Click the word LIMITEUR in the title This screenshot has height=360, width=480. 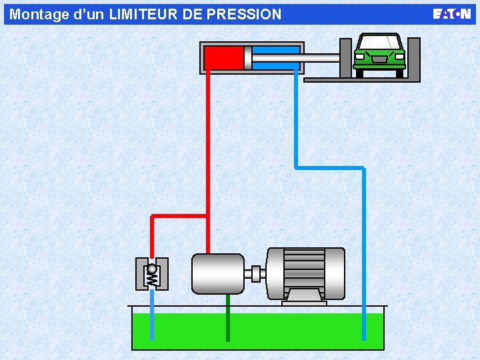pos(143,15)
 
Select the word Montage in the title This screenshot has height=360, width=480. pos(39,15)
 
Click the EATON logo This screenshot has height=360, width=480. pos(451,14)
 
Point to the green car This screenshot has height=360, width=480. pos(379,55)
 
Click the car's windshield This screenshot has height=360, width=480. pos(379,43)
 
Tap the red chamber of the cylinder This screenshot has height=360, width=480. pos(224,58)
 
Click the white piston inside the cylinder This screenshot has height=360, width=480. pos(247,58)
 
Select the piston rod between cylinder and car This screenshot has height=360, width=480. pos(296,58)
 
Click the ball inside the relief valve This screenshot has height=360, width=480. pos(151,269)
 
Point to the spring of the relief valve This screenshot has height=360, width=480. pos(151,279)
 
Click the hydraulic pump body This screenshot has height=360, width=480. pos(217,274)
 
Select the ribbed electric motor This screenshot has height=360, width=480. pos(305,273)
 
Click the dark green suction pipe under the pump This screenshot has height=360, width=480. pos(228,318)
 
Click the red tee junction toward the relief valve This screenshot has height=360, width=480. pos(208,216)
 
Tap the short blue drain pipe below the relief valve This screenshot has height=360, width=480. pos(152,315)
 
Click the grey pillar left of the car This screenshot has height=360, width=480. pos(345,58)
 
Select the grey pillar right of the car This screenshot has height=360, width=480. pos(413,58)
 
